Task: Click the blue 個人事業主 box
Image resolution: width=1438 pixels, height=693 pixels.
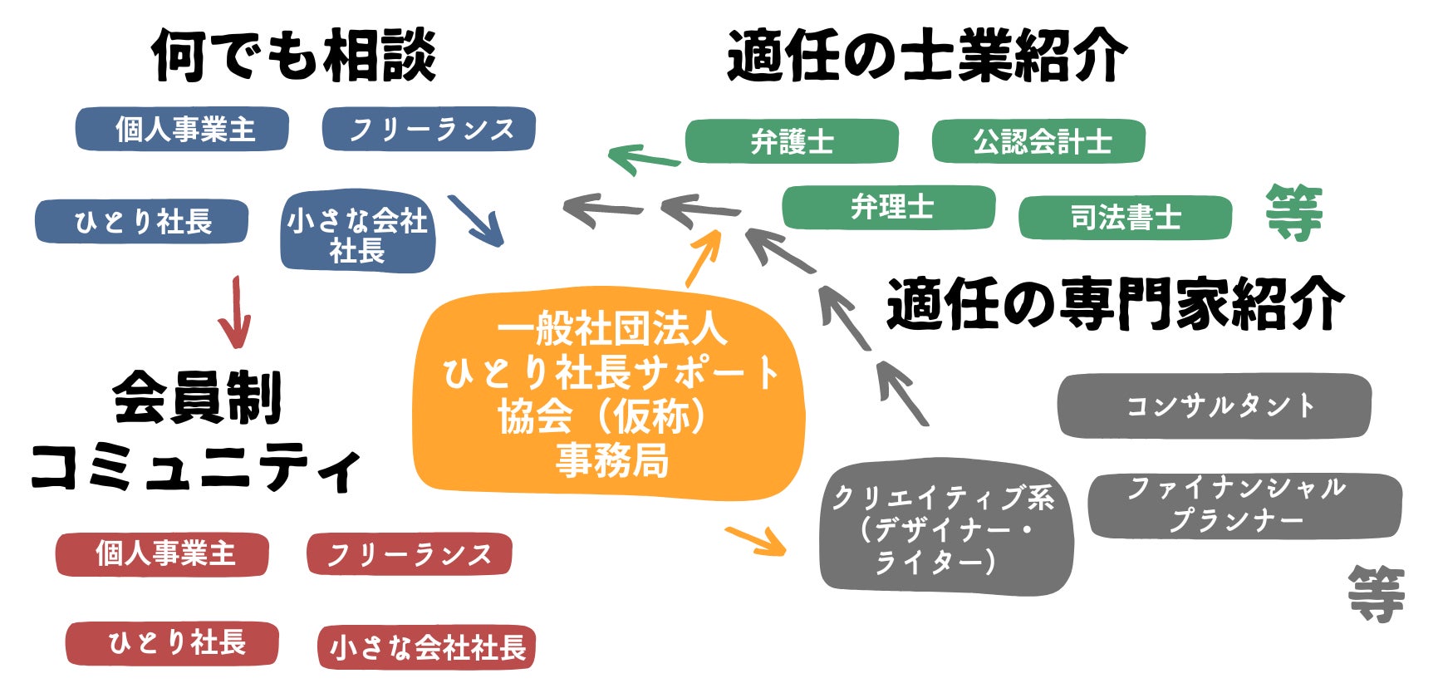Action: click(x=182, y=130)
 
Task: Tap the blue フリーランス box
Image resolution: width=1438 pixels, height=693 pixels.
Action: click(x=429, y=130)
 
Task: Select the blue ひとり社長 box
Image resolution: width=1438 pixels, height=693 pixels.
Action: click(x=141, y=222)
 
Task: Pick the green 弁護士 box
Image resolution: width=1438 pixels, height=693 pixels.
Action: click(x=792, y=142)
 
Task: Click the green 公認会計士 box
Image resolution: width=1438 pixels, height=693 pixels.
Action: click(x=1038, y=142)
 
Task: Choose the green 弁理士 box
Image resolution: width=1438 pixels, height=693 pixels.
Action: click(x=889, y=207)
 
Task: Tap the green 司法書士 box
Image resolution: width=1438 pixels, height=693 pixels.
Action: click(x=1125, y=218)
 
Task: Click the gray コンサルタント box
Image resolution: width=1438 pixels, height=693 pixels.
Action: click(x=1215, y=405)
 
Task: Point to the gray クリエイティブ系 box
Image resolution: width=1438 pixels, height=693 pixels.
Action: click(x=945, y=528)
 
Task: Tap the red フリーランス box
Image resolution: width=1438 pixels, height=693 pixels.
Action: click(x=409, y=554)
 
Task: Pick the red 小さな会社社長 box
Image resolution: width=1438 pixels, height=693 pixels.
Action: click(x=426, y=647)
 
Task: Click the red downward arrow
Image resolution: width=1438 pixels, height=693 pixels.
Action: click(x=235, y=312)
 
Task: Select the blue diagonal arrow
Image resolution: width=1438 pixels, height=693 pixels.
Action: click(x=476, y=220)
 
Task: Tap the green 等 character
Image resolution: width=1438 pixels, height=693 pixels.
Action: click(x=1293, y=214)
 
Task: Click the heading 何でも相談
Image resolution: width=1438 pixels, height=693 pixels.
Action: click(x=294, y=56)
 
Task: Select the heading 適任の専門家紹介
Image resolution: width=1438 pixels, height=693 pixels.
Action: click(x=1115, y=304)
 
